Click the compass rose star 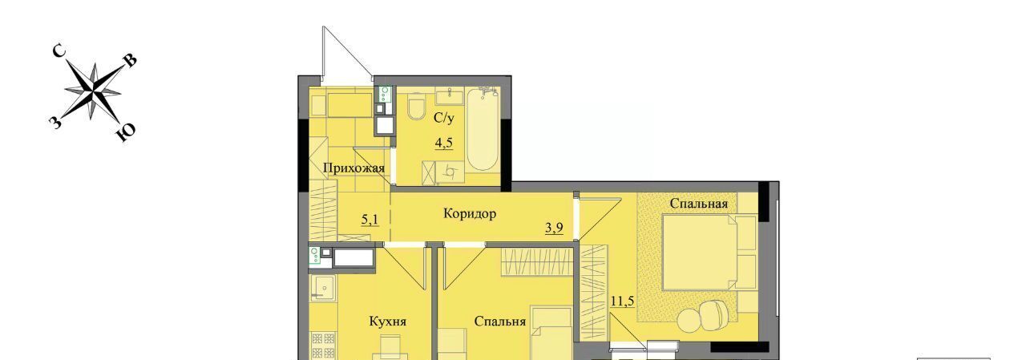[94, 91]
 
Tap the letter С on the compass [59, 51]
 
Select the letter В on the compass [130, 61]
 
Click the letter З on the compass [55, 123]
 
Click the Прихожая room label [353, 168]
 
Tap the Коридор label [470, 213]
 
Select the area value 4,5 [443, 143]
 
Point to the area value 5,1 [370, 220]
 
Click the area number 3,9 [554, 228]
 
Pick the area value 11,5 [622, 301]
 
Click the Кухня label [387, 322]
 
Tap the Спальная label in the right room [698, 204]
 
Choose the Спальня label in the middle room [499, 322]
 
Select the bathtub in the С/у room [483, 130]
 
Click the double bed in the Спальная [709, 253]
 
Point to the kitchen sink [323, 288]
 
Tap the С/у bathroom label [444, 118]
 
